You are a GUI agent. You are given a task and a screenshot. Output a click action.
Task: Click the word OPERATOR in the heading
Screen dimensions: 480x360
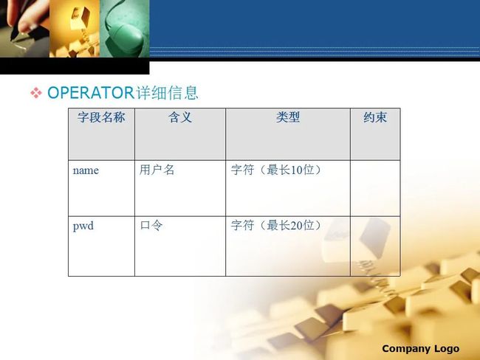coord(91,93)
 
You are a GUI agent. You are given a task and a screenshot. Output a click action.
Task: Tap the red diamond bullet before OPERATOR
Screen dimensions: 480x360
coord(36,93)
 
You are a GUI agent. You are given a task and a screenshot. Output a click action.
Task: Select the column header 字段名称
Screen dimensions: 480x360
coord(101,117)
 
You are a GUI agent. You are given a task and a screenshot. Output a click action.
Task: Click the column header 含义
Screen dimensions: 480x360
coord(180,117)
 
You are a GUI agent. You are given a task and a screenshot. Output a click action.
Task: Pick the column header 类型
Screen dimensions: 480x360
coord(288,117)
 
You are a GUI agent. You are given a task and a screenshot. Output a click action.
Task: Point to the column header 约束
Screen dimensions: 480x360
coord(375,117)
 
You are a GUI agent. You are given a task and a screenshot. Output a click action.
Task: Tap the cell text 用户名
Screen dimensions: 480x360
coord(157,170)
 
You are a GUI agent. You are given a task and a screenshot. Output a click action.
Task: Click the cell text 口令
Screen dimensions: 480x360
coord(151,226)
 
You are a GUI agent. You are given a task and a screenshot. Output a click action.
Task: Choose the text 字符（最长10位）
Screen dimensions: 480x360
coord(276,170)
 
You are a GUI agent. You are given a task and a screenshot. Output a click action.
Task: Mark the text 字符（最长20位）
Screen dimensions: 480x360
coord(276,226)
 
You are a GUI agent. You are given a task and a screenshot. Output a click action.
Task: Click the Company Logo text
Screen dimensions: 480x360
coord(421,349)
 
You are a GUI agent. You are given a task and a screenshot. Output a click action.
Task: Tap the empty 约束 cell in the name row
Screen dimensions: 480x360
coord(375,188)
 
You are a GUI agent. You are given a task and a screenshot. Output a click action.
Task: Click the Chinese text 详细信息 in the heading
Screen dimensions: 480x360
coord(167,93)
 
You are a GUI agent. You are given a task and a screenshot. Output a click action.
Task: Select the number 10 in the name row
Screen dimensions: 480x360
coord(296,170)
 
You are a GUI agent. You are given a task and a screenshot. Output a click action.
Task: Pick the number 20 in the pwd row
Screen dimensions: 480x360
coord(296,226)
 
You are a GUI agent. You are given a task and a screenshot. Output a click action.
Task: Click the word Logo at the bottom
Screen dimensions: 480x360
coord(447,349)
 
